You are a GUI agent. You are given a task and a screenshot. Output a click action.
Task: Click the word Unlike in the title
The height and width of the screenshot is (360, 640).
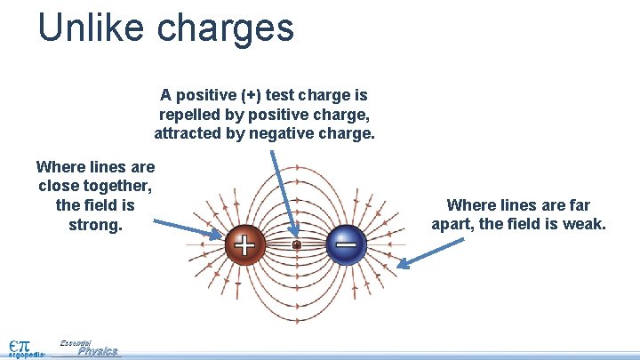(x=91, y=27)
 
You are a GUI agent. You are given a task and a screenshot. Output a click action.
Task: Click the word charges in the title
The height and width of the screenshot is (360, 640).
(x=225, y=28)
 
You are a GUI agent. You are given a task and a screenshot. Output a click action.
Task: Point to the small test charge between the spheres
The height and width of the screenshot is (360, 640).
(x=297, y=244)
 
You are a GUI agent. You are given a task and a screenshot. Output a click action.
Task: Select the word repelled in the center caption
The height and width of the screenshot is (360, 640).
(x=187, y=115)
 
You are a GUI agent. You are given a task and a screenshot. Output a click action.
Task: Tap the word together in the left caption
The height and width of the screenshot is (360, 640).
(x=114, y=186)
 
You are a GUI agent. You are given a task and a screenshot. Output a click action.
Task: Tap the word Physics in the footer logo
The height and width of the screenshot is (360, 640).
(x=97, y=351)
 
